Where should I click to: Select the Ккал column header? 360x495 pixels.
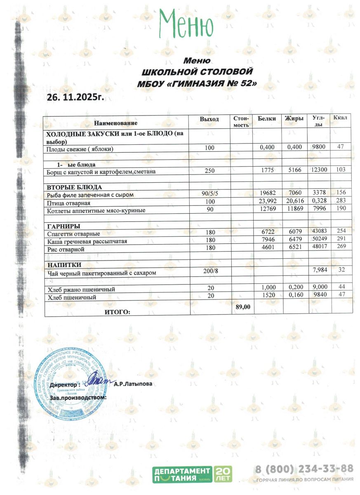[340, 118]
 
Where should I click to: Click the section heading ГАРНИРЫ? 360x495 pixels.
[64, 226]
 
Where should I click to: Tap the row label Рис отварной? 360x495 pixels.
[66, 250]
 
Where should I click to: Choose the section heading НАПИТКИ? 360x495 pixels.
[64, 265]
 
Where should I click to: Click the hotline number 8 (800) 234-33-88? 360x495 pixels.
[304, 469]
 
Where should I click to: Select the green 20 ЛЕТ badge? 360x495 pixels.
[223, 474]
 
